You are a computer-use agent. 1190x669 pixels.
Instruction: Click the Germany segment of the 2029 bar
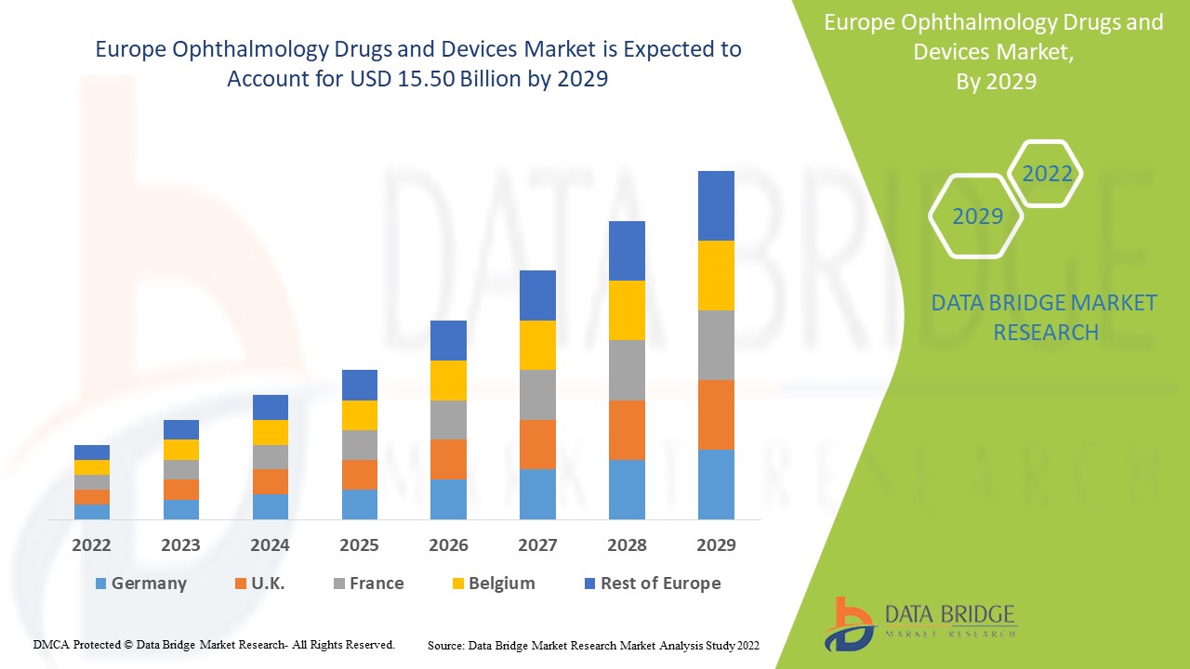coord(716,484)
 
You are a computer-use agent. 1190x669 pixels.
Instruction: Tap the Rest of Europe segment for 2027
coord(537,295)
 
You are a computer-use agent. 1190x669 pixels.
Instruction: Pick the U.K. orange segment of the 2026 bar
coord(448,459)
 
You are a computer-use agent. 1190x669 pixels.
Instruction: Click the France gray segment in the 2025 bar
coord(360,445)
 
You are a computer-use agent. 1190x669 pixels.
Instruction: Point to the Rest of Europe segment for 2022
coord(92,453)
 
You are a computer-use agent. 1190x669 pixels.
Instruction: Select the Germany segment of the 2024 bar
coord(271,506)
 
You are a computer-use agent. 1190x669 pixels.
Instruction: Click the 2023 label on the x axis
coord(180,544)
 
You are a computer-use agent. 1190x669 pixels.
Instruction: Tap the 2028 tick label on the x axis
coord(627,544)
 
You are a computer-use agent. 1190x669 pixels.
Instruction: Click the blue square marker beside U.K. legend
coord(241,584)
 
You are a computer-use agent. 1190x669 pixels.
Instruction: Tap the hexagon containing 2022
coord(1047,174)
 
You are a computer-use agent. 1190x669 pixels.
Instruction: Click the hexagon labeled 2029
coord(977,216)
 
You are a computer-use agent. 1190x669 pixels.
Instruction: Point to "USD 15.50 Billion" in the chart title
coord(415,79)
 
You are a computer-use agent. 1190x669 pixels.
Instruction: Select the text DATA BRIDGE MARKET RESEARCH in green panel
coord(1045,317)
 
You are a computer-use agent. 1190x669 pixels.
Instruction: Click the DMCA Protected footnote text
coord(214,644)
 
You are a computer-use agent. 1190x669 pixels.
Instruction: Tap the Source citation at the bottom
coord(593,645)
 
